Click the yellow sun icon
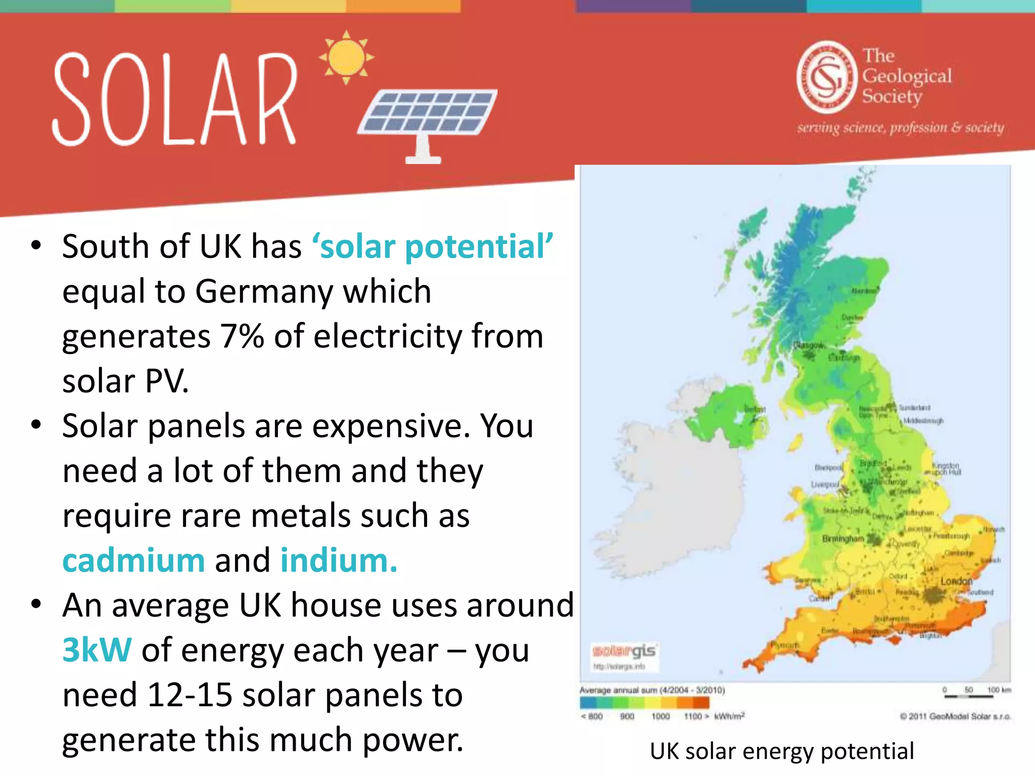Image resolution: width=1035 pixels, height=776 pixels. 347,57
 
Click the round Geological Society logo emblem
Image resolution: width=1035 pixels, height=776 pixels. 827,77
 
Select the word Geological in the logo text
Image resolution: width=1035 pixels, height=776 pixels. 907,76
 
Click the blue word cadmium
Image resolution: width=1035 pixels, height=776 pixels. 133,561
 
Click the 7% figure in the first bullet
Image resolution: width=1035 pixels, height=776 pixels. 242,336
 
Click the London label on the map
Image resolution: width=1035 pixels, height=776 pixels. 956,581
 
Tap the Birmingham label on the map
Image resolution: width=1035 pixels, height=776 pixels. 842,539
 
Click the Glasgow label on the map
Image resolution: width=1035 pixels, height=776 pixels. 809,345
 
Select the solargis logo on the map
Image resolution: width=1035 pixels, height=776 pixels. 624,651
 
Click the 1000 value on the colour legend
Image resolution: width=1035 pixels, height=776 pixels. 660,716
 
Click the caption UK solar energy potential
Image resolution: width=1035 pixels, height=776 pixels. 782,751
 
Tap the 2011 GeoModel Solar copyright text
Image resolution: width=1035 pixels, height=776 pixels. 955,716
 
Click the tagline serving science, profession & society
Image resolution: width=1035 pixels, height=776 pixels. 900,127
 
